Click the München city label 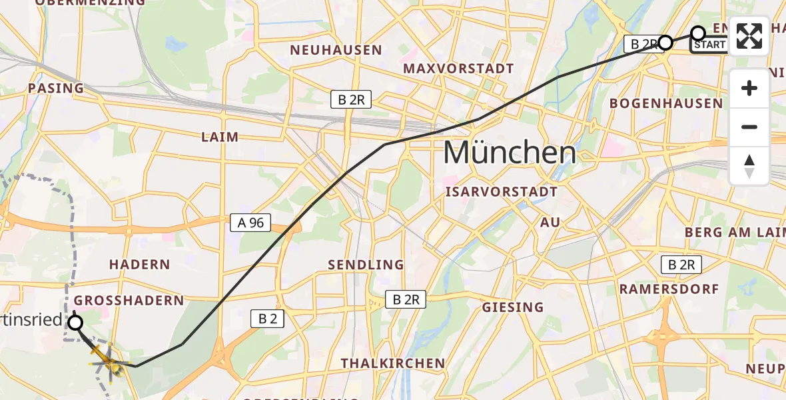(510, 153)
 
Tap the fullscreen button (749, 36)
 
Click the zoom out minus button (749, 127)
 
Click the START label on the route (709, 45)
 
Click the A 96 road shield (250, 223)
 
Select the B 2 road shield (267, 319)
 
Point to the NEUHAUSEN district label (336, 50)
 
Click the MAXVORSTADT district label (458, 69)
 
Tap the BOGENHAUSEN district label (666, 103)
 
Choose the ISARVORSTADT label (501, 192)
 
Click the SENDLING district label (366, 265)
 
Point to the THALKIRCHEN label (392, 363)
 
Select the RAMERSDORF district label (669, 289)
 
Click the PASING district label (56, 88)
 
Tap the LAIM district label (220, 137)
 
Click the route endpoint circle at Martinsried (75, 323)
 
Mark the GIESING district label (513, 307)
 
